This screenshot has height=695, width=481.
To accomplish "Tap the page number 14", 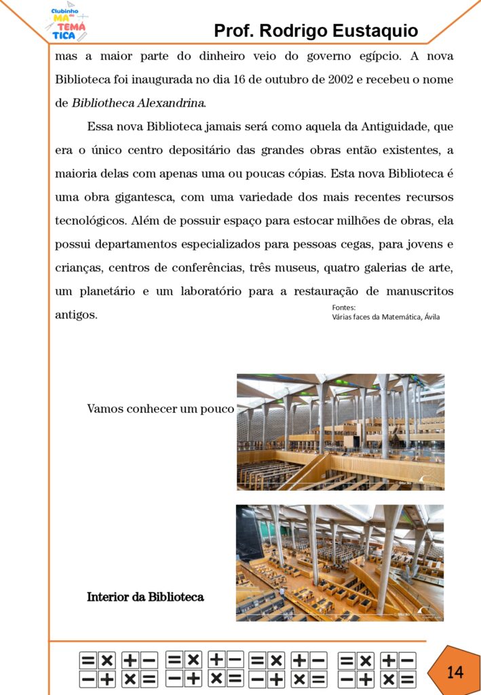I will (x=455, y=672).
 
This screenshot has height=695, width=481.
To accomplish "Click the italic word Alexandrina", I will (x=172, y=104).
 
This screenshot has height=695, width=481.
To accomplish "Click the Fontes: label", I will (x=343, y=307).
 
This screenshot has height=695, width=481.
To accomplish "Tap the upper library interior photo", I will (x=340, y=432).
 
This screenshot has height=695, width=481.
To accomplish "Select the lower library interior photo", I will (x=339, y=563).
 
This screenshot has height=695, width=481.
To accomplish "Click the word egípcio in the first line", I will (x=370, y=56).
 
